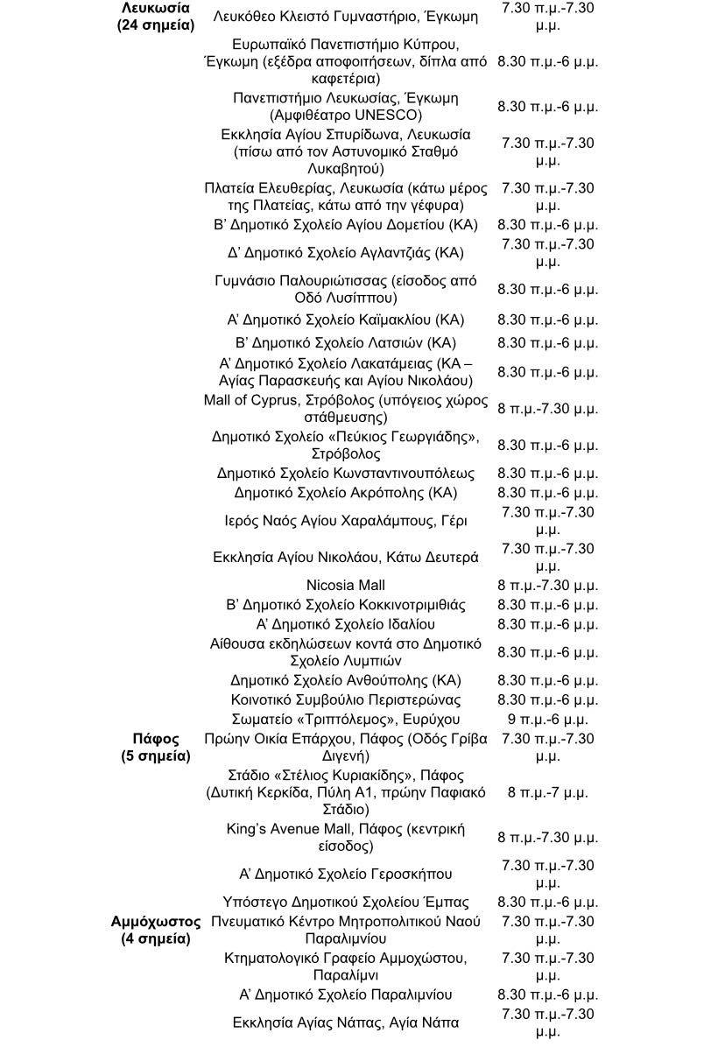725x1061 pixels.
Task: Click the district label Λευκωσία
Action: tap(156, 8)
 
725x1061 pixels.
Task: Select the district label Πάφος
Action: tap(156, 739)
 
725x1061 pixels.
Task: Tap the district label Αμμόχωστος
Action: tap(156, 922)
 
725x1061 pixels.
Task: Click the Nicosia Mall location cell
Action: tap(346, 586)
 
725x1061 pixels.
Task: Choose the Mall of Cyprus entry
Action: tap(346, 409)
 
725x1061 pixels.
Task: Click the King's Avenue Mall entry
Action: tap(346, 838)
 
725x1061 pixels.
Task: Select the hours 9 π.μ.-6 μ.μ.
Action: tap(547, 720)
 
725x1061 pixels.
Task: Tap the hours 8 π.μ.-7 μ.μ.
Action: tap(547, 792)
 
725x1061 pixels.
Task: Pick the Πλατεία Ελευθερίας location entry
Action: tap(346, 197)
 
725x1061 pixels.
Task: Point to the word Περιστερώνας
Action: tap(412, 700)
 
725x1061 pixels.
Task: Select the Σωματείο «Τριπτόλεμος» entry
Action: tap(346, 720)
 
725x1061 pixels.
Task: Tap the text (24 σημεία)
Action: tap(156, 25)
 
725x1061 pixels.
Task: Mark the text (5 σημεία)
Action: tap(156, 755)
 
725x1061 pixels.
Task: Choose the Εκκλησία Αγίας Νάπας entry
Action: tap(346, 1022)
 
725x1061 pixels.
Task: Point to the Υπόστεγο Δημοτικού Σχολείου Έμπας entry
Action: tap(346, 903)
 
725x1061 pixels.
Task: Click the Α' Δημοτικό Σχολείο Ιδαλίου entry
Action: tap(346, 624)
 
